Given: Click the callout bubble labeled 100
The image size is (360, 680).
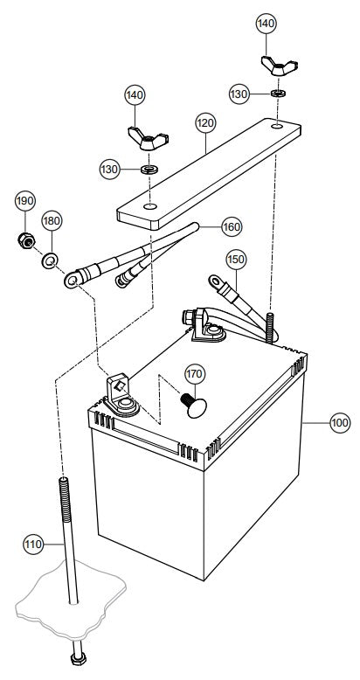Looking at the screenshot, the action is coord(340,422).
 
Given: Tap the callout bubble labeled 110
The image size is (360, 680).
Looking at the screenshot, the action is coord(33,544).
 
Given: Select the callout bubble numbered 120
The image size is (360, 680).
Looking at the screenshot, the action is coord(205,123).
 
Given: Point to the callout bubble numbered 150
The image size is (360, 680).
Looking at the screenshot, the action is coord(236,260).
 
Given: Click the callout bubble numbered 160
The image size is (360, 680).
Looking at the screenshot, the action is coord(232,226).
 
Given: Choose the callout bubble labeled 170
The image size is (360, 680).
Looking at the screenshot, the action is coord(195,373).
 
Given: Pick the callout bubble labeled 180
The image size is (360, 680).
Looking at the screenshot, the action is coord(52,221).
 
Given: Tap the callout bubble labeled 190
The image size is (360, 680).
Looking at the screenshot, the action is coord(25,200).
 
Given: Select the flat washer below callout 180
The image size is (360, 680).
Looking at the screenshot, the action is coord(51,260).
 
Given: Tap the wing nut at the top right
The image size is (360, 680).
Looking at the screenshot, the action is coord(280,66).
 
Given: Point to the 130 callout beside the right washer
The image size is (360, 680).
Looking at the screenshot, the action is coord(239,94).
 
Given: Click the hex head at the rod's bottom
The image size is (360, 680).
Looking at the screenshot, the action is coord(79,659).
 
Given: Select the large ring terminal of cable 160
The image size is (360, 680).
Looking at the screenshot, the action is coord(73,280).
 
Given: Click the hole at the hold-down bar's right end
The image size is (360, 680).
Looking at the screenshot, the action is coord(276,126).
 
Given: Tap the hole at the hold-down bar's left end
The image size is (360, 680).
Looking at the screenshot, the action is coord(150,205).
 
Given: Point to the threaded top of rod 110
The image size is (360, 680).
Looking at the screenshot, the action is coord(64,499).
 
